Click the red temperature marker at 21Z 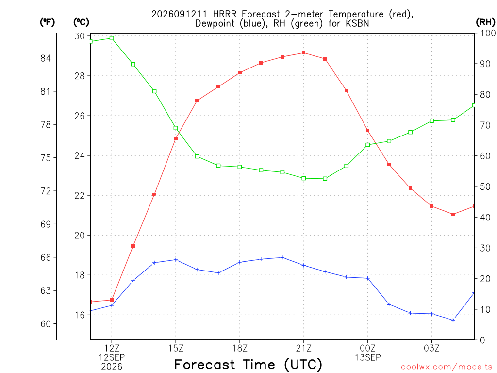click(x=304, y=53)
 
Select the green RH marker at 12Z click(x=112, y=38)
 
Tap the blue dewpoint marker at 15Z click(x=176, y=260)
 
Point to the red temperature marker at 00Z click(x=368, y=130)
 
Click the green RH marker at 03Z click(x=431, y=121)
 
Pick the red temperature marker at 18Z click(x=240, y=73)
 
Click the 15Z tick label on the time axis click(x=176, y=349)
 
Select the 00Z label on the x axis click(x=368, y=349)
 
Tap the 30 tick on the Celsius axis click(x=80, y=36)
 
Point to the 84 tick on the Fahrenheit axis click(x=46, y=58)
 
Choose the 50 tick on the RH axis click(x=485, y=186)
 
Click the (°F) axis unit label click(x=47, y=22)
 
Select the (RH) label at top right click(x=485, y=22)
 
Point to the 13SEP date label click(x=368, y=357)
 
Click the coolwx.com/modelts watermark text click(x=447, y=367)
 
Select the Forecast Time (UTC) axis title click(x=248, y=365)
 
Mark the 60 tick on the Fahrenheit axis click(x=46, y=324)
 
